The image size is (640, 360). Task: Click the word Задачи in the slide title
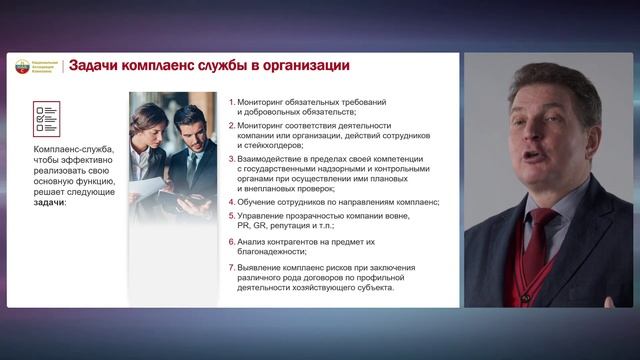98,66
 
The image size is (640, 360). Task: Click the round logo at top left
24,66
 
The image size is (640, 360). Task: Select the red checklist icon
46,117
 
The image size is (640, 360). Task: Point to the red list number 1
231,103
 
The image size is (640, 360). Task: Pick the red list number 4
231,202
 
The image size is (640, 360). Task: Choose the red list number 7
231,267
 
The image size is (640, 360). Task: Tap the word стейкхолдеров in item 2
271,146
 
